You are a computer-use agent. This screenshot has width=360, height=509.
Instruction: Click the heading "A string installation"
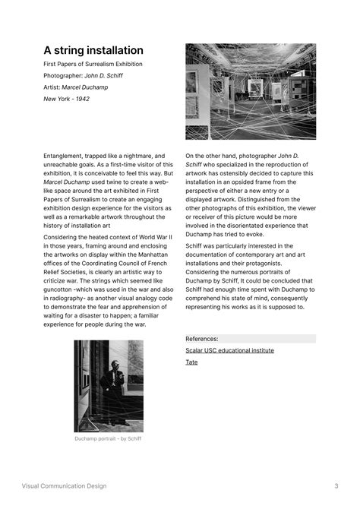(x=93, y=50)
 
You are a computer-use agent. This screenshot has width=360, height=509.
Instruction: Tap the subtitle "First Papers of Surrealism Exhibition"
(x=93, y=64)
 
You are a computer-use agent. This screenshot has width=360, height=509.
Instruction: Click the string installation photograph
(x=251, y=91)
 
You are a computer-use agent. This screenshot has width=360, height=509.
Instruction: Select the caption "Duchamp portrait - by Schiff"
(x=108, y=438)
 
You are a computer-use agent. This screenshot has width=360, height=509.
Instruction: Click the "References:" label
(x=202, y=339)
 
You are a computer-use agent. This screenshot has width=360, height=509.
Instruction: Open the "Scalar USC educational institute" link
(x=229, y=350)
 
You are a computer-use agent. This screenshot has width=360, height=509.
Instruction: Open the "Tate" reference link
(x=191, y=362)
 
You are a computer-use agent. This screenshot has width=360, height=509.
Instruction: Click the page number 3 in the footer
(x=336, y=486)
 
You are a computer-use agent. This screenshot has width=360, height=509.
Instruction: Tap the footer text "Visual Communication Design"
(x=64, y=486)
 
